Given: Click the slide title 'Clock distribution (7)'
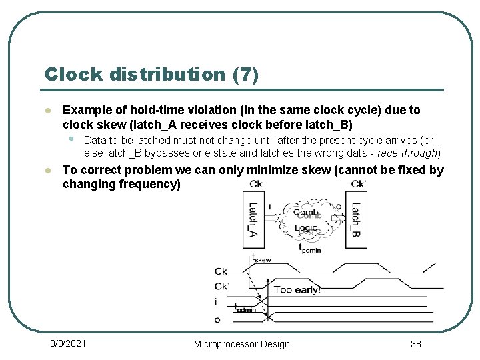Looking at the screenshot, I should click(151, 74).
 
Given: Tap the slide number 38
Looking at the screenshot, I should click(415, 344).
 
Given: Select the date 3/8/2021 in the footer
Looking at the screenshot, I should click(69, 343).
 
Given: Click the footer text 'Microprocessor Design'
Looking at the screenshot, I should click(241, 344).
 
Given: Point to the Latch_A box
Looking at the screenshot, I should click(253, 220).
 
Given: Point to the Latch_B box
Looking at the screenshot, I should click(356, 220).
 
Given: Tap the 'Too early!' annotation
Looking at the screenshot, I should click(297, 289).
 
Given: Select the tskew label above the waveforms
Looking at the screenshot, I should click(261, 259).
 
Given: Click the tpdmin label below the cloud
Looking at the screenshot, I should click(310, 249).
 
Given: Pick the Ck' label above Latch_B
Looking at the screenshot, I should click(358, 184).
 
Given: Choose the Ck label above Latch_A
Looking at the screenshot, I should click(255, 184).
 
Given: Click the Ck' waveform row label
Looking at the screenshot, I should click(221, 287).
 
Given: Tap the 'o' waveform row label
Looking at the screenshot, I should click(217, 319).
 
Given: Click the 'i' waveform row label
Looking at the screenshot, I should click(215, 302).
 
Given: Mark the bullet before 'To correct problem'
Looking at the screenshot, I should click(47, 171).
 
